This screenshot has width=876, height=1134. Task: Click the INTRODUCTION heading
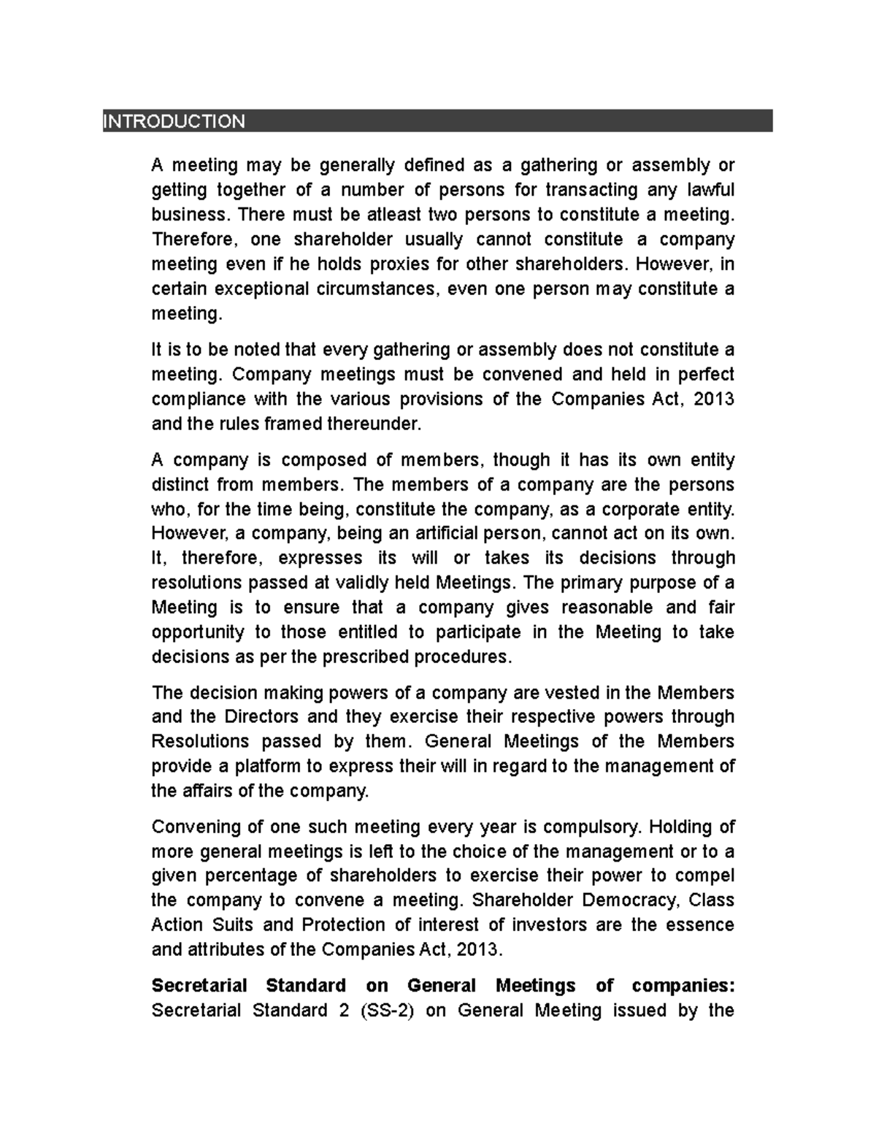[x=174, y=121]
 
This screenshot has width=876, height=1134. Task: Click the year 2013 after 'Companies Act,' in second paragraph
[x=716, y=399]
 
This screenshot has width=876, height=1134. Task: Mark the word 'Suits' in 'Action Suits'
[x=232, y=925]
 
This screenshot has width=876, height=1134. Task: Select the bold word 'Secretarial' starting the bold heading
[x=199, y=986]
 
